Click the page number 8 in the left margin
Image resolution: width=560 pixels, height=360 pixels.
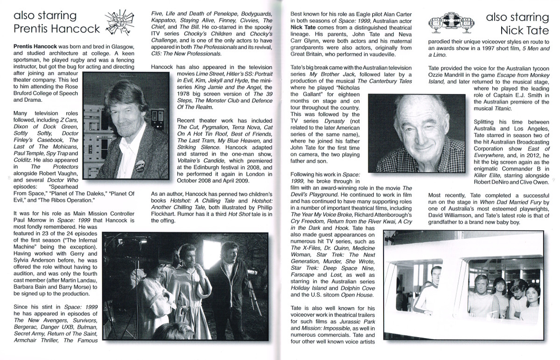(9, 177)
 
